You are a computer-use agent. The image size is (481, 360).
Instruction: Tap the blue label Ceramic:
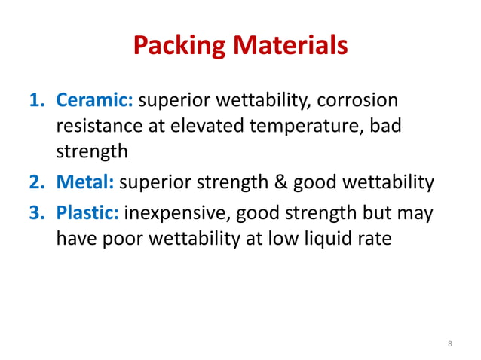pos(94,101)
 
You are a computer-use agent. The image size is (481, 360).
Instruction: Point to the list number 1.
pos(37,101)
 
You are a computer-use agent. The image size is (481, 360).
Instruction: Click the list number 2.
pos(37,182)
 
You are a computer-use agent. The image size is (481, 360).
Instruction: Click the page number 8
pos(450,344)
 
